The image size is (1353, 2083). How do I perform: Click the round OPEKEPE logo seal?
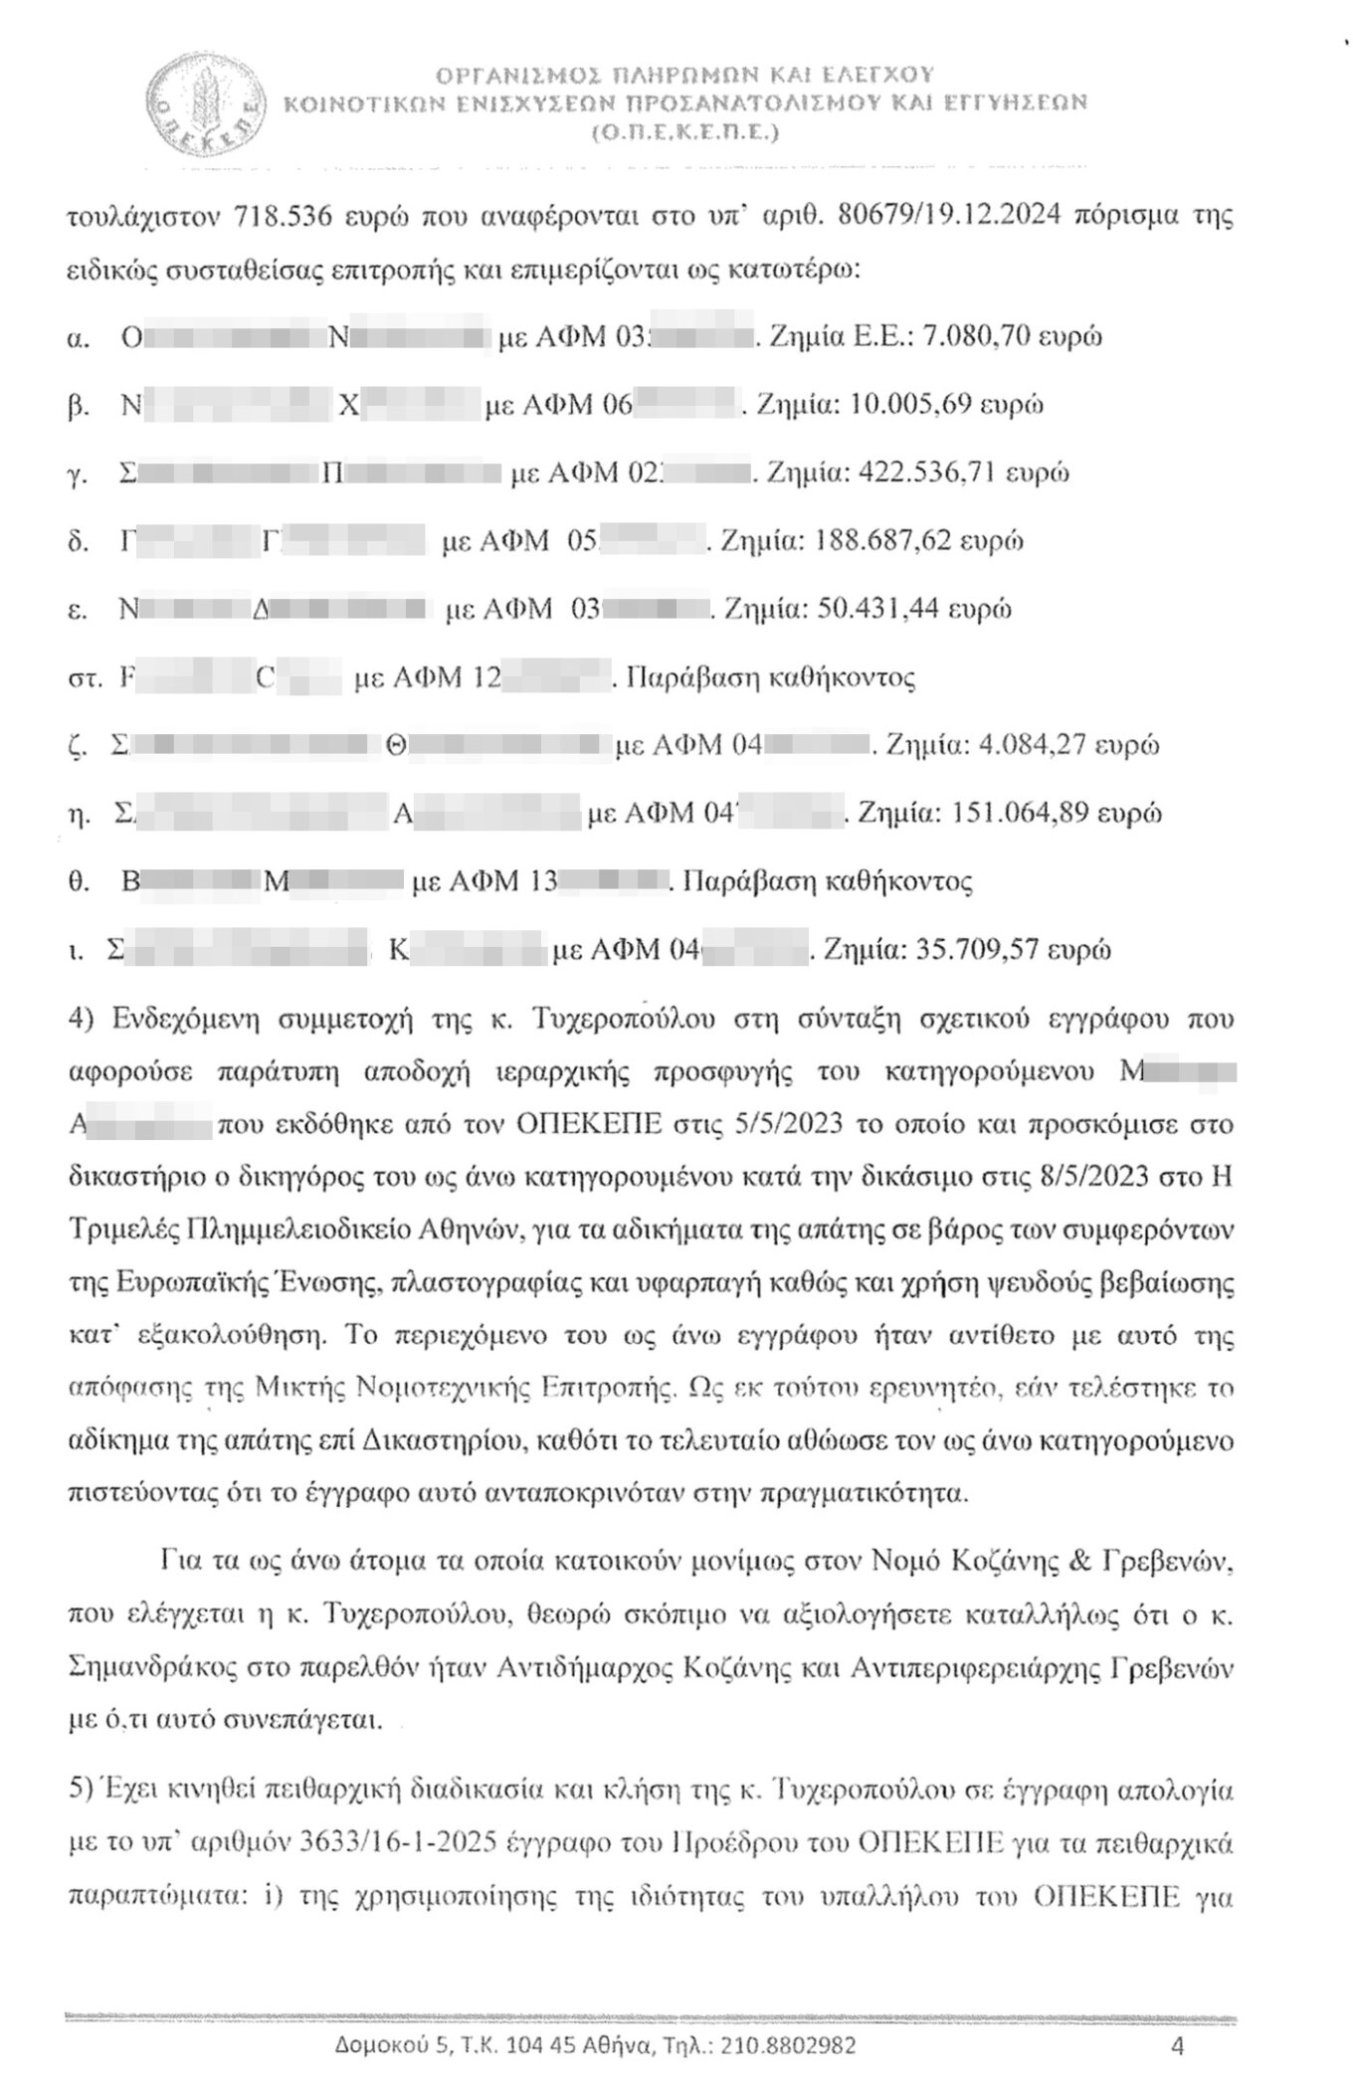(x=203, y=102)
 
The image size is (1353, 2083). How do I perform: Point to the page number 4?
(x=1177, y=2045)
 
